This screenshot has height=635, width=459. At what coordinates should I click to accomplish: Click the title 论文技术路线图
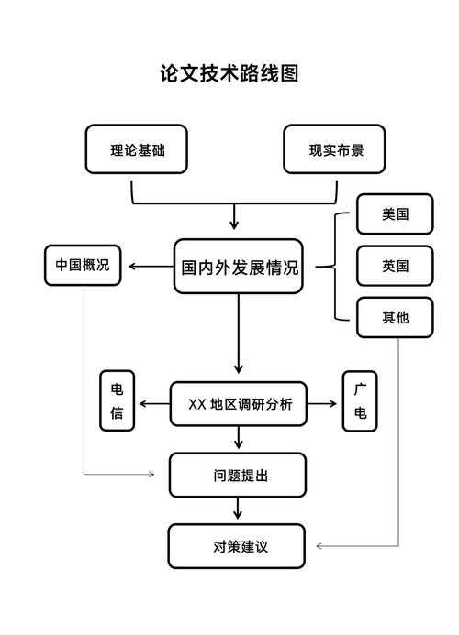pyautogui.click(x=229, y=73)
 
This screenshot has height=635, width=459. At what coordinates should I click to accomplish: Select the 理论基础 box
pyautogui.click(x=136, y=149)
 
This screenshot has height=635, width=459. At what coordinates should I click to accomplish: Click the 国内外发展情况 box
pyautogui.click(x=239, y=267)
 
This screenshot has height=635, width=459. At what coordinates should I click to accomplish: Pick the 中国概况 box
pyautogui.click(x=82, y=265)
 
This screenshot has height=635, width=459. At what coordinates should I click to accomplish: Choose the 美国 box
pyautogui.click(x=395, y=214)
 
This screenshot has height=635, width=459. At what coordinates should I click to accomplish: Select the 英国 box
pyautogui.click(x=395, y=266)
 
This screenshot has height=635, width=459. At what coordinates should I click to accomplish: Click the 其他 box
pyautogui.click(x=395, y=318)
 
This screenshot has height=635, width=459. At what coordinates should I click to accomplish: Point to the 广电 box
pyautogui.click(x=360, y=401)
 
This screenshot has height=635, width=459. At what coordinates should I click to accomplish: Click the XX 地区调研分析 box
pyautogui.click(x=239, y=403)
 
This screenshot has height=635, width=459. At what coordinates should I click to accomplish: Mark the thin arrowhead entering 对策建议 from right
pyautogui.click(x=319, y=546)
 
